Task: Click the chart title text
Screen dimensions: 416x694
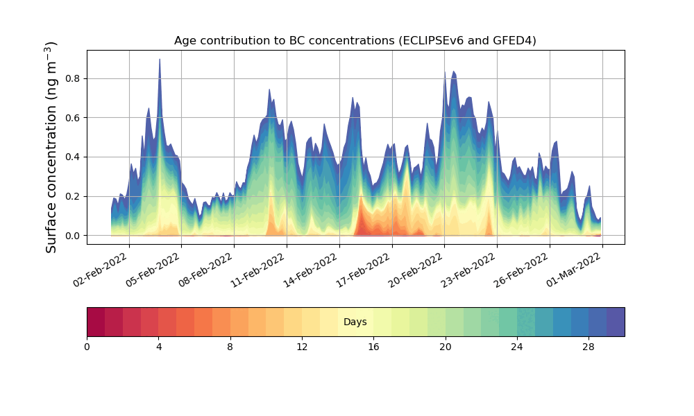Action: tap(355, 40)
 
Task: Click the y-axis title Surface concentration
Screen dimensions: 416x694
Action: tap(51, 147)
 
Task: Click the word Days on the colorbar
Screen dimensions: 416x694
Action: tap(355, 322)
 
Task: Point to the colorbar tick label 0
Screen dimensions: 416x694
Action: tap(87, 346)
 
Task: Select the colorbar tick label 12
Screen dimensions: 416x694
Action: tap(302, 346)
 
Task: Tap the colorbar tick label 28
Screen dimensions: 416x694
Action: tap(589, 346)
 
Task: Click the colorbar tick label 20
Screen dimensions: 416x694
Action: tap(445, 346)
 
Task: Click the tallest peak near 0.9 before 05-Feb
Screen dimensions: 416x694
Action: tap(160, 61)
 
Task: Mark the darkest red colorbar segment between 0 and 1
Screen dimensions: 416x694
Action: tap(96, 322)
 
